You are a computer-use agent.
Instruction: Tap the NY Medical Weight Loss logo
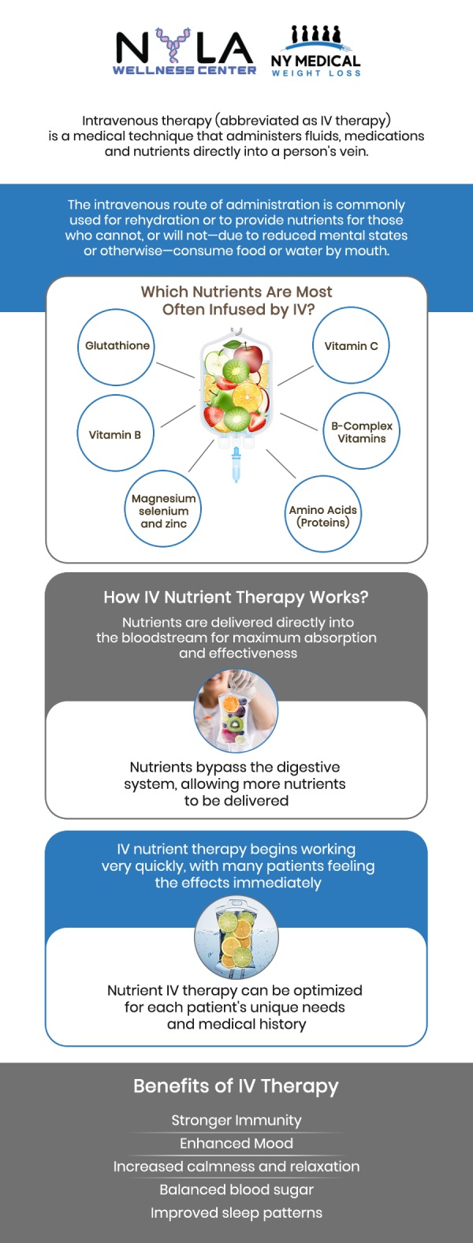(x=315, y=52)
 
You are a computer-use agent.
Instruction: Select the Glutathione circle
(x=117, y=347)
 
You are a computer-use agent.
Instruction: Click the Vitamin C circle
(x=351, y=347)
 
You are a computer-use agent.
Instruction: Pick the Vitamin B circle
(x=115, y=434)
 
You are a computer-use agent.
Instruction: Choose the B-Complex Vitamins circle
(x=361, y=432)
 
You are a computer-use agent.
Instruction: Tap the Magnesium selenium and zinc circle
(x=163, y=510)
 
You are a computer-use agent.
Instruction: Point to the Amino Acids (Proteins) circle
(x=322, y=516)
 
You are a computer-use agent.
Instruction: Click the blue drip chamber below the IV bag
(x=236, y=465)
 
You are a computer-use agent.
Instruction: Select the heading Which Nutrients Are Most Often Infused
(x=236, y=300)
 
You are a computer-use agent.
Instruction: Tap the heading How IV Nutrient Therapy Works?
(x=236, y=597)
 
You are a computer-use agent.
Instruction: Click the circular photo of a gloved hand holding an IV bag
(x=236, y=712)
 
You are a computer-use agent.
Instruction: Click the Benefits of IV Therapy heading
(x=236, y=1086)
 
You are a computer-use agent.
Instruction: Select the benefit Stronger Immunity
(x=236, y=1120)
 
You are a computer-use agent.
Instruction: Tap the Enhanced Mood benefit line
(x=236, y=1143)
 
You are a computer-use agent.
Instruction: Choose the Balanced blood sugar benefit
(x=236, y=1189)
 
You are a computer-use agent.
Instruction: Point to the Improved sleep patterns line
(x=236, y=1213)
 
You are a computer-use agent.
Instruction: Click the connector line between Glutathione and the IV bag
(x=175, y=370)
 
